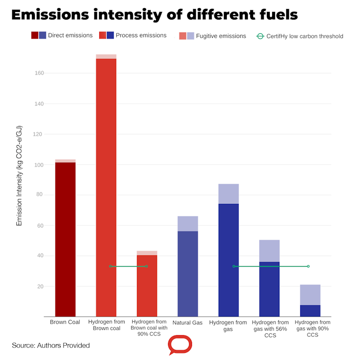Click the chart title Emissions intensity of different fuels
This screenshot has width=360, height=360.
(154, 14)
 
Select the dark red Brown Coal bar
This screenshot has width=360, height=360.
(65, 239)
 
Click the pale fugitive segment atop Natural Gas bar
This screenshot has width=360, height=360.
(188, 223)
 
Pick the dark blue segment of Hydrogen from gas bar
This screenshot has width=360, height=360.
(228, 260)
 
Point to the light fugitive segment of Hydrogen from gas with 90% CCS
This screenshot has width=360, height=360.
(310, 295)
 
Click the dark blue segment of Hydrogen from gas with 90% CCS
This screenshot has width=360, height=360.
(310, 311)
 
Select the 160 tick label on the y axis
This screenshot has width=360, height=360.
(39, 73)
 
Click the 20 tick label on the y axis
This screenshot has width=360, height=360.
(41, 286)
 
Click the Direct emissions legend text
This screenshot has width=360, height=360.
(70, 35)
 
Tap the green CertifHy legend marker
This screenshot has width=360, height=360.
(260, 36)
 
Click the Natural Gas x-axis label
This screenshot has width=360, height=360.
(188, 323)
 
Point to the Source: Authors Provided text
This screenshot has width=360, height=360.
(51, 345)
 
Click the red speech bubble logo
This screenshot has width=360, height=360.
(180, 344)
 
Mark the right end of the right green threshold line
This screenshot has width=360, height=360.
(308, 266)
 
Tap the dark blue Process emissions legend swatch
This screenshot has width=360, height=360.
(110, 35)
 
